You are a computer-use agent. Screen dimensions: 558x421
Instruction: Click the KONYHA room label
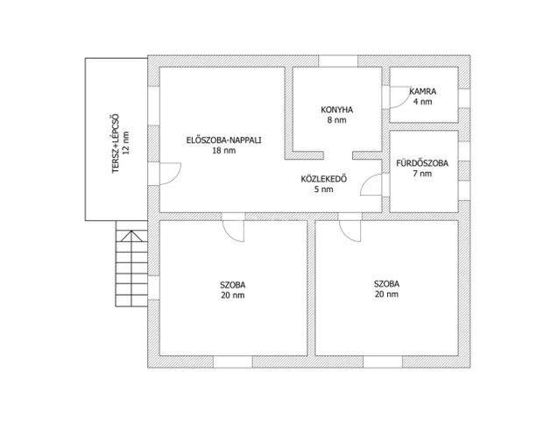(x=336, y=110)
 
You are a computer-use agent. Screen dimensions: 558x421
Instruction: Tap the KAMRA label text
(x=423, y=91)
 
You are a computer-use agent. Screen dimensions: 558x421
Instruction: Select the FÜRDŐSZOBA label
(x=422, y=163)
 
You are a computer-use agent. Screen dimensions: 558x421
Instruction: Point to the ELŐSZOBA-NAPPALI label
(x=224, y=140)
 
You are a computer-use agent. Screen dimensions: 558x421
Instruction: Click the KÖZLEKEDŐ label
(x=324, y=179)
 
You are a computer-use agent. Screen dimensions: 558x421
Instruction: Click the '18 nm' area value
(x=224, y=150)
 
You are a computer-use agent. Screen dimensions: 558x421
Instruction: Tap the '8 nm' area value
(x=336, y=120)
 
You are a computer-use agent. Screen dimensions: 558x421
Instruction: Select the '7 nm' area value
(x=422, y=174)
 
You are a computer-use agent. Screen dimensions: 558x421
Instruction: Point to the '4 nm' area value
(x=423, y=102)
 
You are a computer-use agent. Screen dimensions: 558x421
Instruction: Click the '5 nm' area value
(x=324, y=189)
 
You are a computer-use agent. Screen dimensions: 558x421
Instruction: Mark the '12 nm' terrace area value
(x=125, y=143)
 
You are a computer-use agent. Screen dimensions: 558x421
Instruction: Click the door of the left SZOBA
(x=233, y=231)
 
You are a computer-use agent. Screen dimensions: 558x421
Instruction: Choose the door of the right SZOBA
(x=350, y=231)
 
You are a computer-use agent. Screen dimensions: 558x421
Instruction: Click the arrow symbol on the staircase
(x=131, y=236)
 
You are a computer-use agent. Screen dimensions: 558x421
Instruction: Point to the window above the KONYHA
(x=338, y=61)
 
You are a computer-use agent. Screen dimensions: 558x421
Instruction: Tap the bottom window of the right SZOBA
(x=383, y=361)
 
